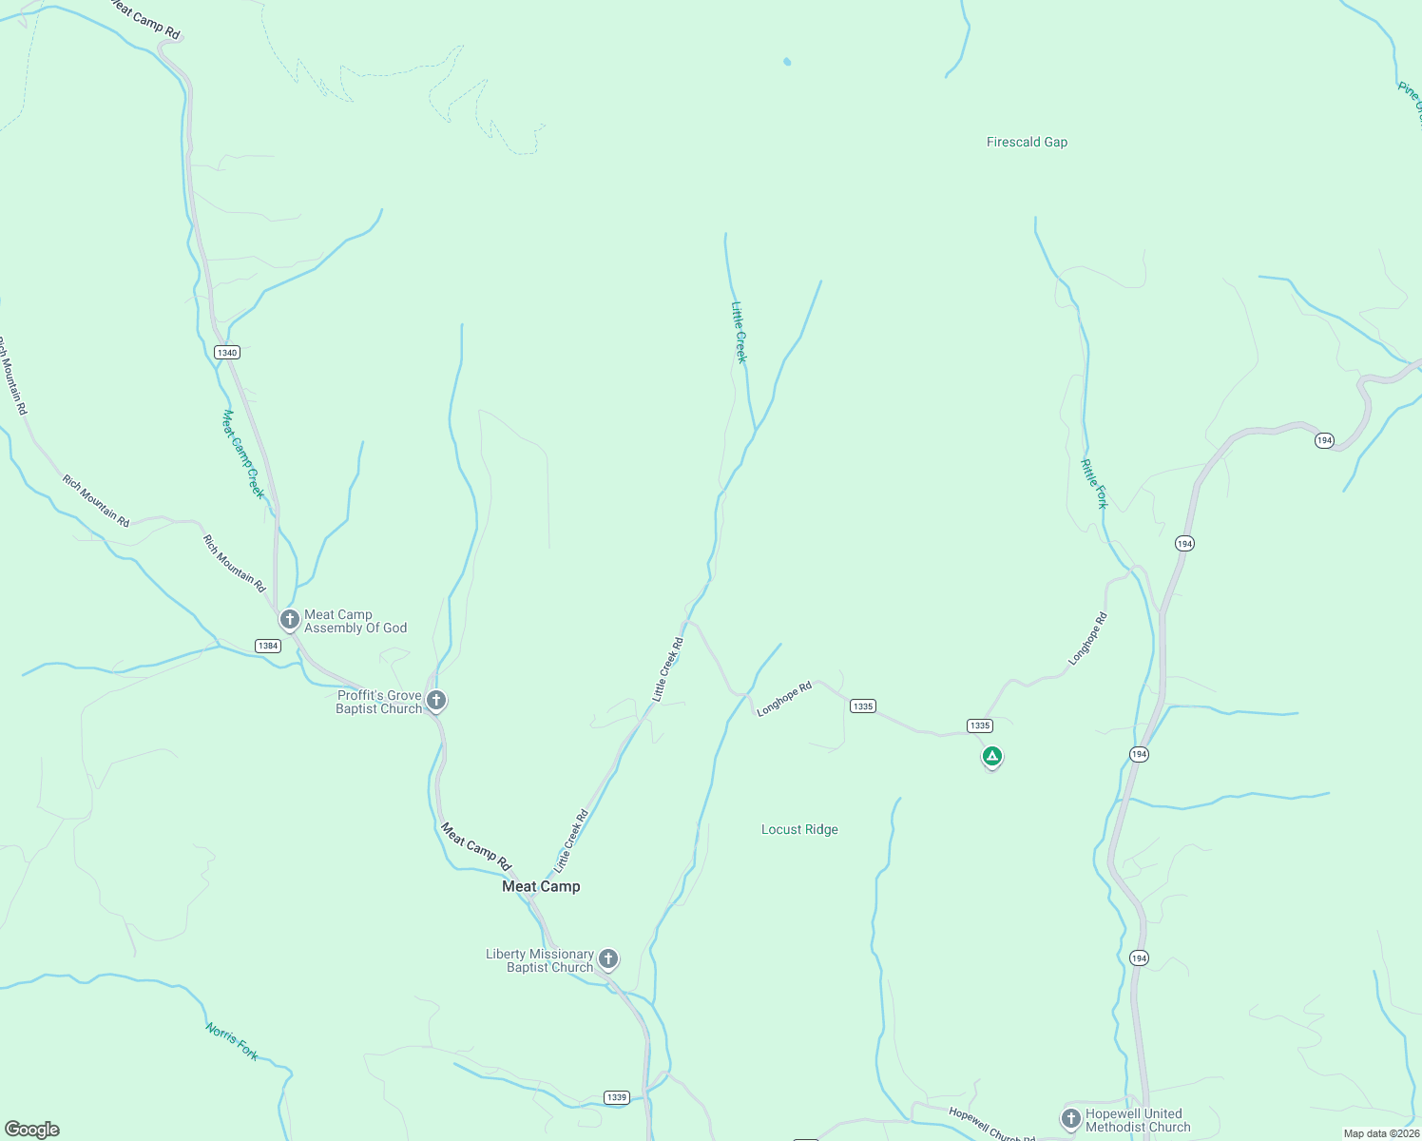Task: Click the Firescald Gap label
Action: click(x=1027, y=143)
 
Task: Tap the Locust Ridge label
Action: click(x=799, y=830)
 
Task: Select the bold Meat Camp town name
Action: click(x=541, y=886)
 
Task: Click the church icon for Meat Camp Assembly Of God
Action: click(x=290, y=620)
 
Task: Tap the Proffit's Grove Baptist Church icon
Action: click(x=436, y=701)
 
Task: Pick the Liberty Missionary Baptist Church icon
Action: click(x=608, y=958)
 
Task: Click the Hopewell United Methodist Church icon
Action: click(x=1070, y=1118)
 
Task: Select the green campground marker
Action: click(x=992, y=757)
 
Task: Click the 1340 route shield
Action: click(x=226, y=353)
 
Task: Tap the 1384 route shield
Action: click(x=268, y=646)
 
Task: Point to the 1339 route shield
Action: click(x=617, y=1097)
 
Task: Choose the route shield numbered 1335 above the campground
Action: click(x=980, y=725)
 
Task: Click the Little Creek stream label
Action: click(x=740, y=332)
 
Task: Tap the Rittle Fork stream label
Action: click(x=1094, y=484)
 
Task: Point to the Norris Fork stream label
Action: click(x=232, y=1041)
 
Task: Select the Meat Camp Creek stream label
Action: click(x=242, y=454)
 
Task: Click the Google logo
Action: click(x=32, y=1130)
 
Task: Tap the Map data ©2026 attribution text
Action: click(x=1380, y=1133)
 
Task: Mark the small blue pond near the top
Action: click(x=787, y=62)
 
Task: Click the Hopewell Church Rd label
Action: click(x=991, y=1126)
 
